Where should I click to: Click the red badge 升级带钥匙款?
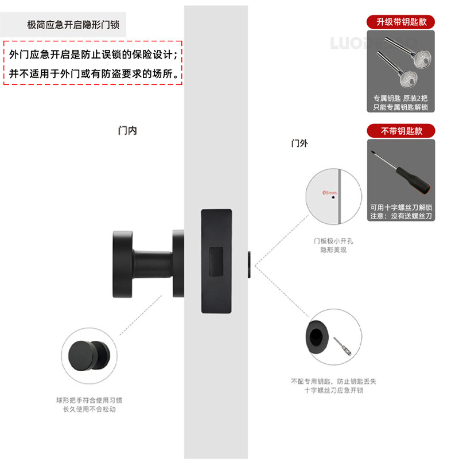401,22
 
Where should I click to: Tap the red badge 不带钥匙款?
401,131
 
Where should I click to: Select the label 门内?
127,131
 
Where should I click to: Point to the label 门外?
299,143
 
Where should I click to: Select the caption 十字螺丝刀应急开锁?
333,390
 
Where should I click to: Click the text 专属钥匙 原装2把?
401,98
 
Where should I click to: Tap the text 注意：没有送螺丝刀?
401,216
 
